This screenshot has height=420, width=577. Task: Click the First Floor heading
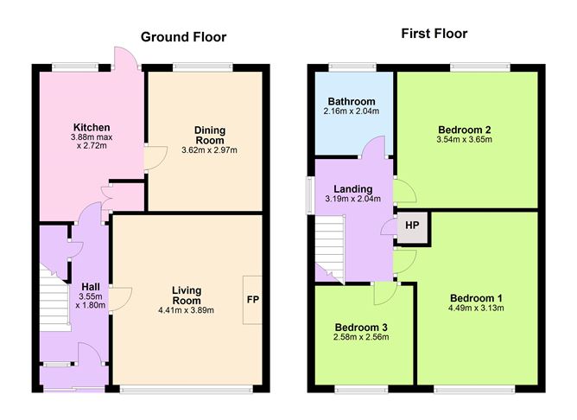click(434, 34)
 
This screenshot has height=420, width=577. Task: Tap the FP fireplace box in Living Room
click(253, 299)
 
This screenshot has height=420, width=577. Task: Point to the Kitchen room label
click(91, 127)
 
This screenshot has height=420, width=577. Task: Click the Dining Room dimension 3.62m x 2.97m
click(209, 150)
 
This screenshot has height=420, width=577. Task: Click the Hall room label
click(90, 287)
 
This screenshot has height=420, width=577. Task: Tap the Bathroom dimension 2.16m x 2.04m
click(351, 111)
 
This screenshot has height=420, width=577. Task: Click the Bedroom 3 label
click(361, 328)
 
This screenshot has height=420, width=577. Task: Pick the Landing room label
click(352, 188)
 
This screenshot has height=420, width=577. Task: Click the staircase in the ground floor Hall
click(55, 298)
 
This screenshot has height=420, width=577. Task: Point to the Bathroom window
click(351, 67)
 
